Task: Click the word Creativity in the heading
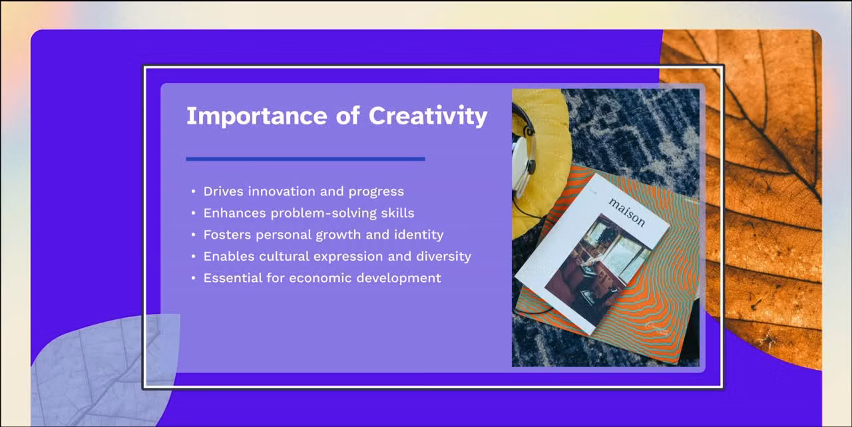428,116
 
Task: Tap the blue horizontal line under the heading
305,159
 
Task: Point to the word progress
376,192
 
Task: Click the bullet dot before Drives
193,192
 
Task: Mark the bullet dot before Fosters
193,235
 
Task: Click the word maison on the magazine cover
626,212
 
